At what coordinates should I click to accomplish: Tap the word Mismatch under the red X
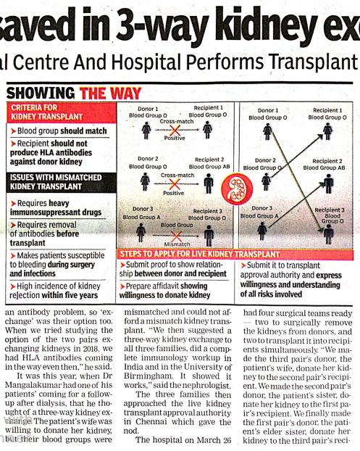(176, 244)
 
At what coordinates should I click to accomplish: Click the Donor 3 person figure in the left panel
(146, 233)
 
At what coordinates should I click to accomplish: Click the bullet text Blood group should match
(62, 131)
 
